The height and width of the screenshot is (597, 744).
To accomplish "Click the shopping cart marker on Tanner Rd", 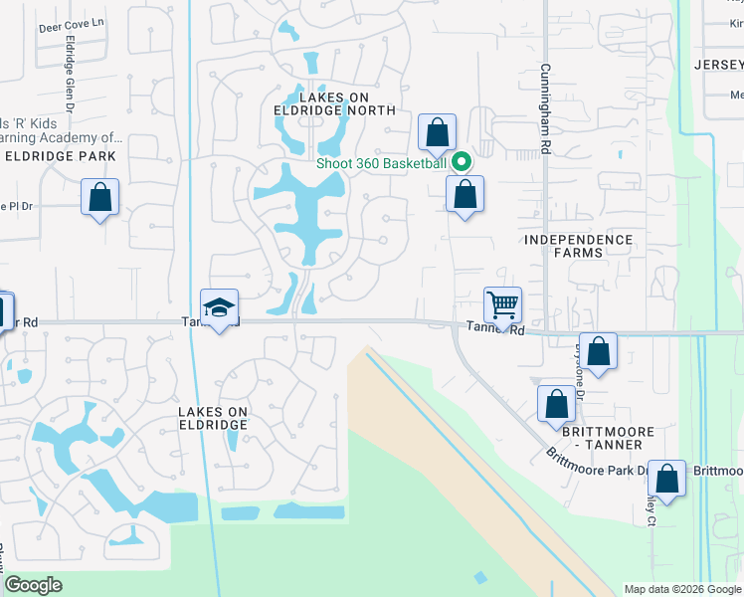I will (502, 304).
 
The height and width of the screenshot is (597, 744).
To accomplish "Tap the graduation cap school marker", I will (219, 306).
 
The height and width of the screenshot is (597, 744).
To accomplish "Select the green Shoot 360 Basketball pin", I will (461, 162).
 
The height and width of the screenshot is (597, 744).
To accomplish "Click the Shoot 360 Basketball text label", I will (381, 163).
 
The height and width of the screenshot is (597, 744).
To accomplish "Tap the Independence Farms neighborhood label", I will (578, 246).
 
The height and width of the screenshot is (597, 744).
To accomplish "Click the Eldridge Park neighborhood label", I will (61, 156).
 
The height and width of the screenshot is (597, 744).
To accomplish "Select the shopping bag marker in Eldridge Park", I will (99, 196).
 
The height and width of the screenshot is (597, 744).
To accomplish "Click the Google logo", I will (34, 585).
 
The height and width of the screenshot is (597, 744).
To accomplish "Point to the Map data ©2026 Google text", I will (681, 588).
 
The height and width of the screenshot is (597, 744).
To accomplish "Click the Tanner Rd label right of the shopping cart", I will (494, 327).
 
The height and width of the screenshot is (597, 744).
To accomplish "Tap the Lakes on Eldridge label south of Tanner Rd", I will (212, 418).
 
